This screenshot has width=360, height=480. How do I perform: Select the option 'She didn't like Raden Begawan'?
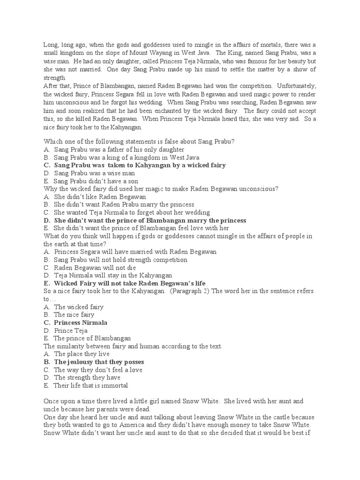pos(100,197)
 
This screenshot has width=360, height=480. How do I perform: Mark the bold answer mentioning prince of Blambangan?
pos(150,220)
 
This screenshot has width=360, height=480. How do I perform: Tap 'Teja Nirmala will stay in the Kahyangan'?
pos(113,276)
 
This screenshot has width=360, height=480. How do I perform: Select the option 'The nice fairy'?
pos(74,315)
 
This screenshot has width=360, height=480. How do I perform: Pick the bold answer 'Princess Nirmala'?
pos(81,322)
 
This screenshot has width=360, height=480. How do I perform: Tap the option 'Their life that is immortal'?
pos(90,385)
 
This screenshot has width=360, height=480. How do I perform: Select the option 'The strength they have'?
pos(87,377)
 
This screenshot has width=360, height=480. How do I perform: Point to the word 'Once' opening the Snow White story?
pos(52,401)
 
